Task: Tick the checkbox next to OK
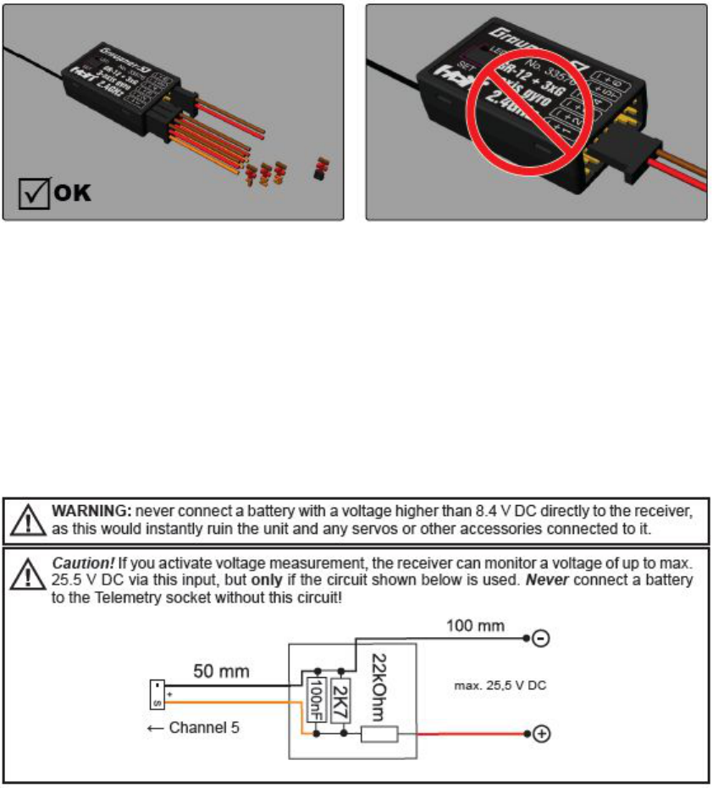(34, 192)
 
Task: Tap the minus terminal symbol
(539, 640)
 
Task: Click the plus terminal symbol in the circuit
(539, 734)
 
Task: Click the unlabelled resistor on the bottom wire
(379, 734)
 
